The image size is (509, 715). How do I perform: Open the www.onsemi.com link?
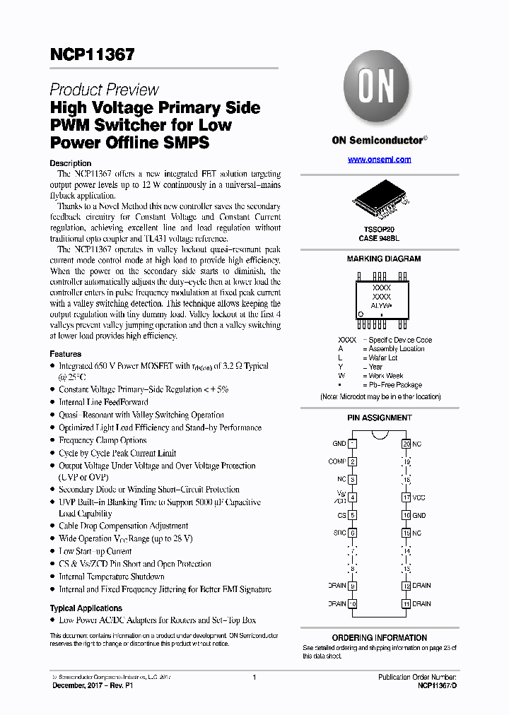[379, 160]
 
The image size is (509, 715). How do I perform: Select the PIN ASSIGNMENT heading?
[380, 418]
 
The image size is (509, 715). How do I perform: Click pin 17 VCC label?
[419, 497]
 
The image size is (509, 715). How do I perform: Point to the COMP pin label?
[337, 461]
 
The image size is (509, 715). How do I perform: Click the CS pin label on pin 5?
[342, 515]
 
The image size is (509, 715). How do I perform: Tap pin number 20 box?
[406, 444]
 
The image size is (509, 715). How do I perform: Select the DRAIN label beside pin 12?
[421, 586]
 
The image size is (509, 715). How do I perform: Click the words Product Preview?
[104, 90]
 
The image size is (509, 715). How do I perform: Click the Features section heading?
[65, 354]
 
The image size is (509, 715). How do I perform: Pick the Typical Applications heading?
[86, 608]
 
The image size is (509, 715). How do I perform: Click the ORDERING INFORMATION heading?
[380, 637]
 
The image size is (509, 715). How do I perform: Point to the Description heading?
[70, 163]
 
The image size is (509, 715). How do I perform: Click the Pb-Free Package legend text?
[395, 385]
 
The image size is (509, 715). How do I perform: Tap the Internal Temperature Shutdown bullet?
[111, 577]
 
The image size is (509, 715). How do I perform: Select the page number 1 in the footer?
[254, 678]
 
